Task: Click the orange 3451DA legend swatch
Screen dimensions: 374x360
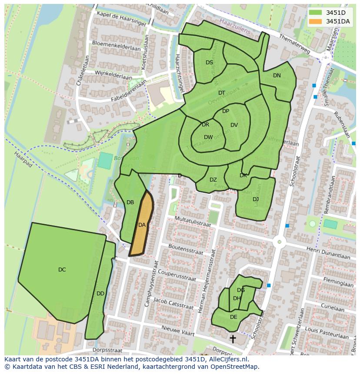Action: click(x=316, y=21)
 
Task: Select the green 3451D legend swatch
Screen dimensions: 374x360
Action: click(x=316, y=13)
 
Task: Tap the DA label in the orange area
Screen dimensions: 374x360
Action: click(x=142, y=225)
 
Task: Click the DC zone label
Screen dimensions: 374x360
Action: click(x=62, y=270)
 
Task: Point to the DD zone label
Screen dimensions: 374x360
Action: click(x=100, y=294)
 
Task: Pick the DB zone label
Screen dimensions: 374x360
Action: click(x=130, y=202)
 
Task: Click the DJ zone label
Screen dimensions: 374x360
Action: click(x=256, y=199)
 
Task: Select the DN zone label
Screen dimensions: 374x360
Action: click(x=277, y=76)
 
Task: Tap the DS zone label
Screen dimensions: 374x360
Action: click(x=210, y=63)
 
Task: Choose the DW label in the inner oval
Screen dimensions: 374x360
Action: click(x=208, y=137)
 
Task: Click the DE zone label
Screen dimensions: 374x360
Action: click(x=233, y=317)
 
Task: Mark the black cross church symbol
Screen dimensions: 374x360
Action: click(x=233, y=338)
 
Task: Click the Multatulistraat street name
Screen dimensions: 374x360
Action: click(x=192, y=222)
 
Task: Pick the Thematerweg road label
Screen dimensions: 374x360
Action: click(x=294, y=45)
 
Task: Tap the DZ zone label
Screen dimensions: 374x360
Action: click(x=213, y=180)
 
